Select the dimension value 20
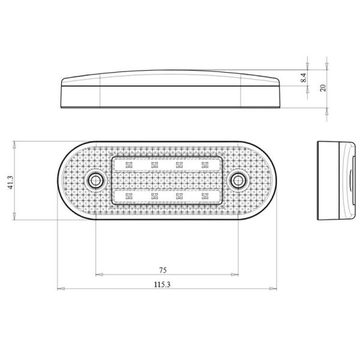click(x=323, y=88)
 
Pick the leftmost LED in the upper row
click(x=128, y=164)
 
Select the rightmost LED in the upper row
click(x=204, y=164)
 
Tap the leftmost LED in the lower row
click(x=128, y=195)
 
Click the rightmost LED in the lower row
click(x=204, y=195)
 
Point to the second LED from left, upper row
click(x=154, y=164)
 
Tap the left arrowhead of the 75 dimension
click(x=98, y=275)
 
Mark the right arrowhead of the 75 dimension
click(x=236, y=275)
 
